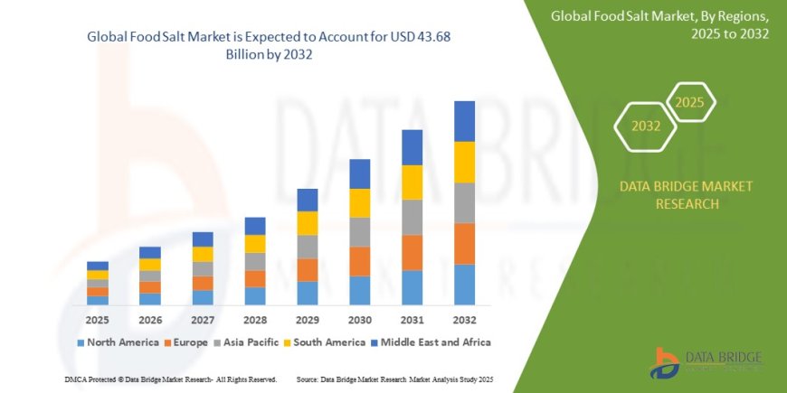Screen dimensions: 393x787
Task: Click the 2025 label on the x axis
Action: (98, 320)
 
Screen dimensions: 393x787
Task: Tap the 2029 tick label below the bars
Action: (308, 320)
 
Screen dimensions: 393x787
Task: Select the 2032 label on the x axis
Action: (464, 320)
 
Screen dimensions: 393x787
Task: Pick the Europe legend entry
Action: (186, 342)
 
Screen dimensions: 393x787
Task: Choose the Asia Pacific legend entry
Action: (249, 342)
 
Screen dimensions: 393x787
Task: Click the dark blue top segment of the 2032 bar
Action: (464, 121)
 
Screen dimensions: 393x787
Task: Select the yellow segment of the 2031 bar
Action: (412, 182)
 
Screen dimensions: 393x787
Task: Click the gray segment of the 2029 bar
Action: (308, 247)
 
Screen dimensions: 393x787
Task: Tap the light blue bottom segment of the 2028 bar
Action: (255, 295)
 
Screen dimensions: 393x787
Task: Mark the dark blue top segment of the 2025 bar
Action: (98, 266)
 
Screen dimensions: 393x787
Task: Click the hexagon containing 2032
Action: (645, 126)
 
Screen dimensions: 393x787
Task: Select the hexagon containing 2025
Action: (689, 102)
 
